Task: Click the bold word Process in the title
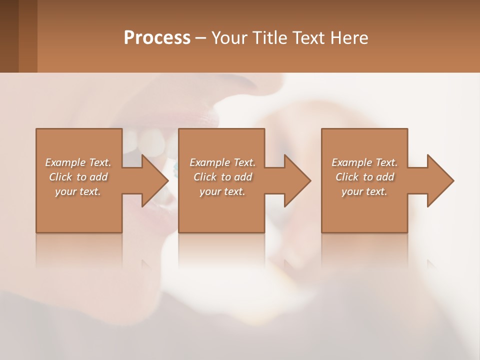pyautogui.click(x=157, y=38)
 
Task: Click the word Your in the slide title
pyautogui.click(x=230, y=38)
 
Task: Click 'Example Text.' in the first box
pyautogui.click(x=78, y=162)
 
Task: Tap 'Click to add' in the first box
pyautogui.click(x=78, y=177)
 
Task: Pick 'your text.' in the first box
pyautogui.click(x=78, y=191)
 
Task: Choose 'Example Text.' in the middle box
pyautogui.click(x=222, y=162)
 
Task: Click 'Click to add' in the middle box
pyautogui.click(x=222, y=177)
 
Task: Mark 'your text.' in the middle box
pyautogui.click(x=222, y=191)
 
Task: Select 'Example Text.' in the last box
pyautogui.click(x=364, y=162)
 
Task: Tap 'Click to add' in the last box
pyautogui.click(x=364, y=177)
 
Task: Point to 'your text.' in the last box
pyautogui.click(x=364, y=191)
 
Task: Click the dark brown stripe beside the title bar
pyautogui.click(x=9, y=36)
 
